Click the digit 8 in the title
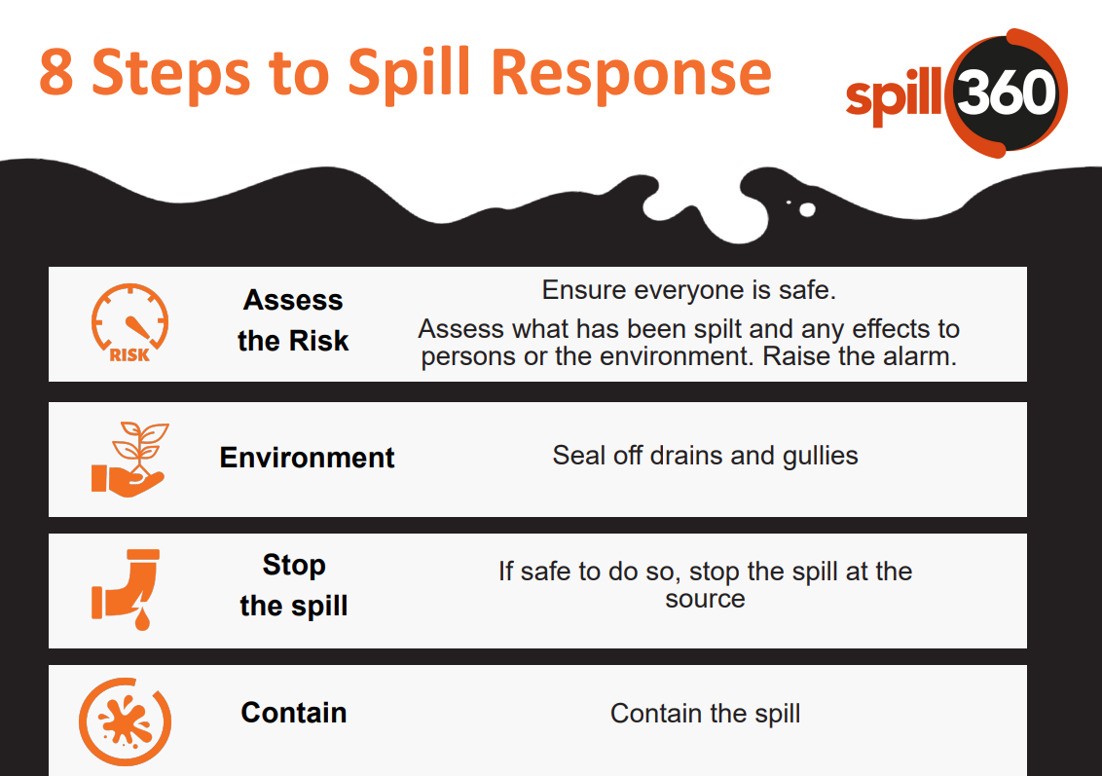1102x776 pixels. [x=56, y=74]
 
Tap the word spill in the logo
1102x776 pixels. [x=895, y=97]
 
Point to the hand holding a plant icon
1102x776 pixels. [x=129, y=458]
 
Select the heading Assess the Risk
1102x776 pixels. [x=293, y=320]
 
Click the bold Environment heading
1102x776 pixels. [x=307, y=458]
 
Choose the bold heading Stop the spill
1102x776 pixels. [x=293, y=585]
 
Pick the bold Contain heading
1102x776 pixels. [x=293, y=713]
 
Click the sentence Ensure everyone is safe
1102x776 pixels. [x=689, y=290]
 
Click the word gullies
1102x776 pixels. [x=820, y=456]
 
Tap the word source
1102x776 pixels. [x=705, y=599]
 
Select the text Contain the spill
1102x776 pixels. [x=705, y=714]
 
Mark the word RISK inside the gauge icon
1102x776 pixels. [x=129, y=355]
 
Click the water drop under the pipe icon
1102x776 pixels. [x=143, y=619]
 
